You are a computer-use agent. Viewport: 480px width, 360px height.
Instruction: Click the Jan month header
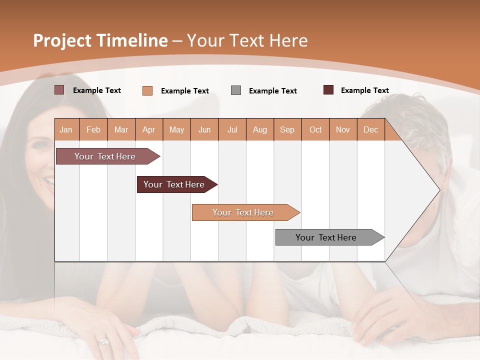pyautogui.click(x=66, y=129)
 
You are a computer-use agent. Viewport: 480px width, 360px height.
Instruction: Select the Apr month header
pyautogui.click(x=149, y=129)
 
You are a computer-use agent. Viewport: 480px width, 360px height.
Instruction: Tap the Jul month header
pyautogui.click(x=232, y=129)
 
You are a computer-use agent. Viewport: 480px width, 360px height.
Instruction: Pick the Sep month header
pyautogui.click(x=287, y=129)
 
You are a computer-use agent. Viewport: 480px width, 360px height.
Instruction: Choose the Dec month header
pyautogui.click(x=370, y=129)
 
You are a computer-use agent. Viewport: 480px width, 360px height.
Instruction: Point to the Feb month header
pyautogui.click(x=93, y=129)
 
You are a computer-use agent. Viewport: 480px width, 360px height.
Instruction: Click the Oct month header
pyautogui.click(x=315, y=129)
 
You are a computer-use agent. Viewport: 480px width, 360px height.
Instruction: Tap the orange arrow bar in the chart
pyautogui.click(x=243, y=212)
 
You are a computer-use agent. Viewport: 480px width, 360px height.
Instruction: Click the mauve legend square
pyautogui.click(x=59, y=90)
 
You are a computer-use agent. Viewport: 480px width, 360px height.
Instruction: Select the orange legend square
pyautogui.click(x=147, y=90)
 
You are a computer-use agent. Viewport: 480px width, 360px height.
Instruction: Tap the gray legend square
pyautogui.click(x=236, y=90)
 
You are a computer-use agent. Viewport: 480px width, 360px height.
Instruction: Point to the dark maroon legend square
pyautogui.click(x=328, y=90)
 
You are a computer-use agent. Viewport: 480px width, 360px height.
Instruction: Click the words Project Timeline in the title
pyautogui.click(x=100, y=40)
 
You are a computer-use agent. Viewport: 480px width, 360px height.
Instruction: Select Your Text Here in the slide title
pyautogui.click(x=247, y=40)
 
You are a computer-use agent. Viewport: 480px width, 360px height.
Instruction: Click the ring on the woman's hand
pyautogui.click(x=103, y=341)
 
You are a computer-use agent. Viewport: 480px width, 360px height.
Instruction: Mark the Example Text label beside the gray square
pyautogui.click(x=272, y=91)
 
